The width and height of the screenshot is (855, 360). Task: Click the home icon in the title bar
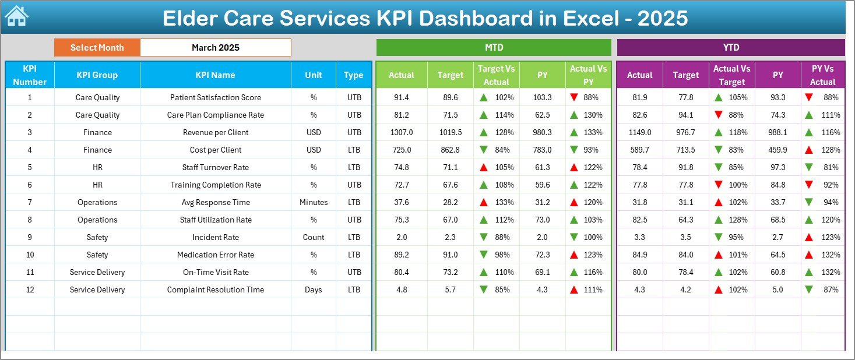[x=16, y=17]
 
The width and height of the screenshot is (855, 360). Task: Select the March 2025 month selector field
[x=215, y=48]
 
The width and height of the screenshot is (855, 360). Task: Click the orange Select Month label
[x=97, y=48]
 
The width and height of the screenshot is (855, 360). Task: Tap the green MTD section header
[x=494, y=48]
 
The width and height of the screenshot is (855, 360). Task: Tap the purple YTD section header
[x=730, y=48]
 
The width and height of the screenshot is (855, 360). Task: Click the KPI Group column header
[x=97, y=75]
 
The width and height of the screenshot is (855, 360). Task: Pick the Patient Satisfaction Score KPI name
[x=215, y=97]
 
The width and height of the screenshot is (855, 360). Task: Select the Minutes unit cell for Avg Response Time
[x=314, y=202]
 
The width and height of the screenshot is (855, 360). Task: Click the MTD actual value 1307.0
[x=402, y=132]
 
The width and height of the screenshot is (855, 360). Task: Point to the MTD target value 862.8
[x=451, y=150]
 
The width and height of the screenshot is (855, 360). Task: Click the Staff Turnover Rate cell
[x=215, y=167]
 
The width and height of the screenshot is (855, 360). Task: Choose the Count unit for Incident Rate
[x=314, y=237]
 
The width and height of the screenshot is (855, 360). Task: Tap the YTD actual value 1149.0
[x=639, y=132]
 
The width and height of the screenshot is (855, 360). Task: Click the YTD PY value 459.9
[x=777, y=150]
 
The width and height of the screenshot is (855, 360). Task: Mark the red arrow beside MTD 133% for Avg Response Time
[x=484, y=202]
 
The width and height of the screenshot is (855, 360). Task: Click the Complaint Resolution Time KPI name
[x=215, y=290]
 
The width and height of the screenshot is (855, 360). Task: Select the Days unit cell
[x=314, y=290]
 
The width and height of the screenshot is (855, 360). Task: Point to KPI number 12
[x=30, y=290]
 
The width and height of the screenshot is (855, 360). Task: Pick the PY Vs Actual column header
[x=822, y=75]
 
